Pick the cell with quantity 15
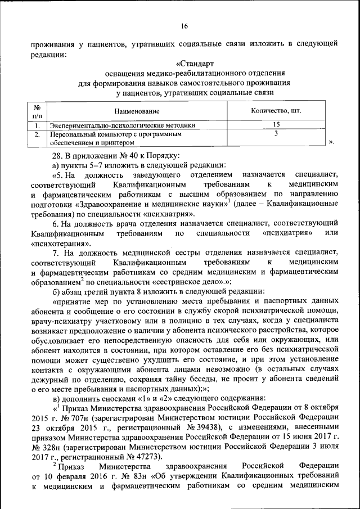[x=276, y=125]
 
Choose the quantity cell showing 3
[x=276, y=134]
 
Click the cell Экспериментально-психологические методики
[x=123, y=125]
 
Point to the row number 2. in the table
[x=37, y=135]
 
